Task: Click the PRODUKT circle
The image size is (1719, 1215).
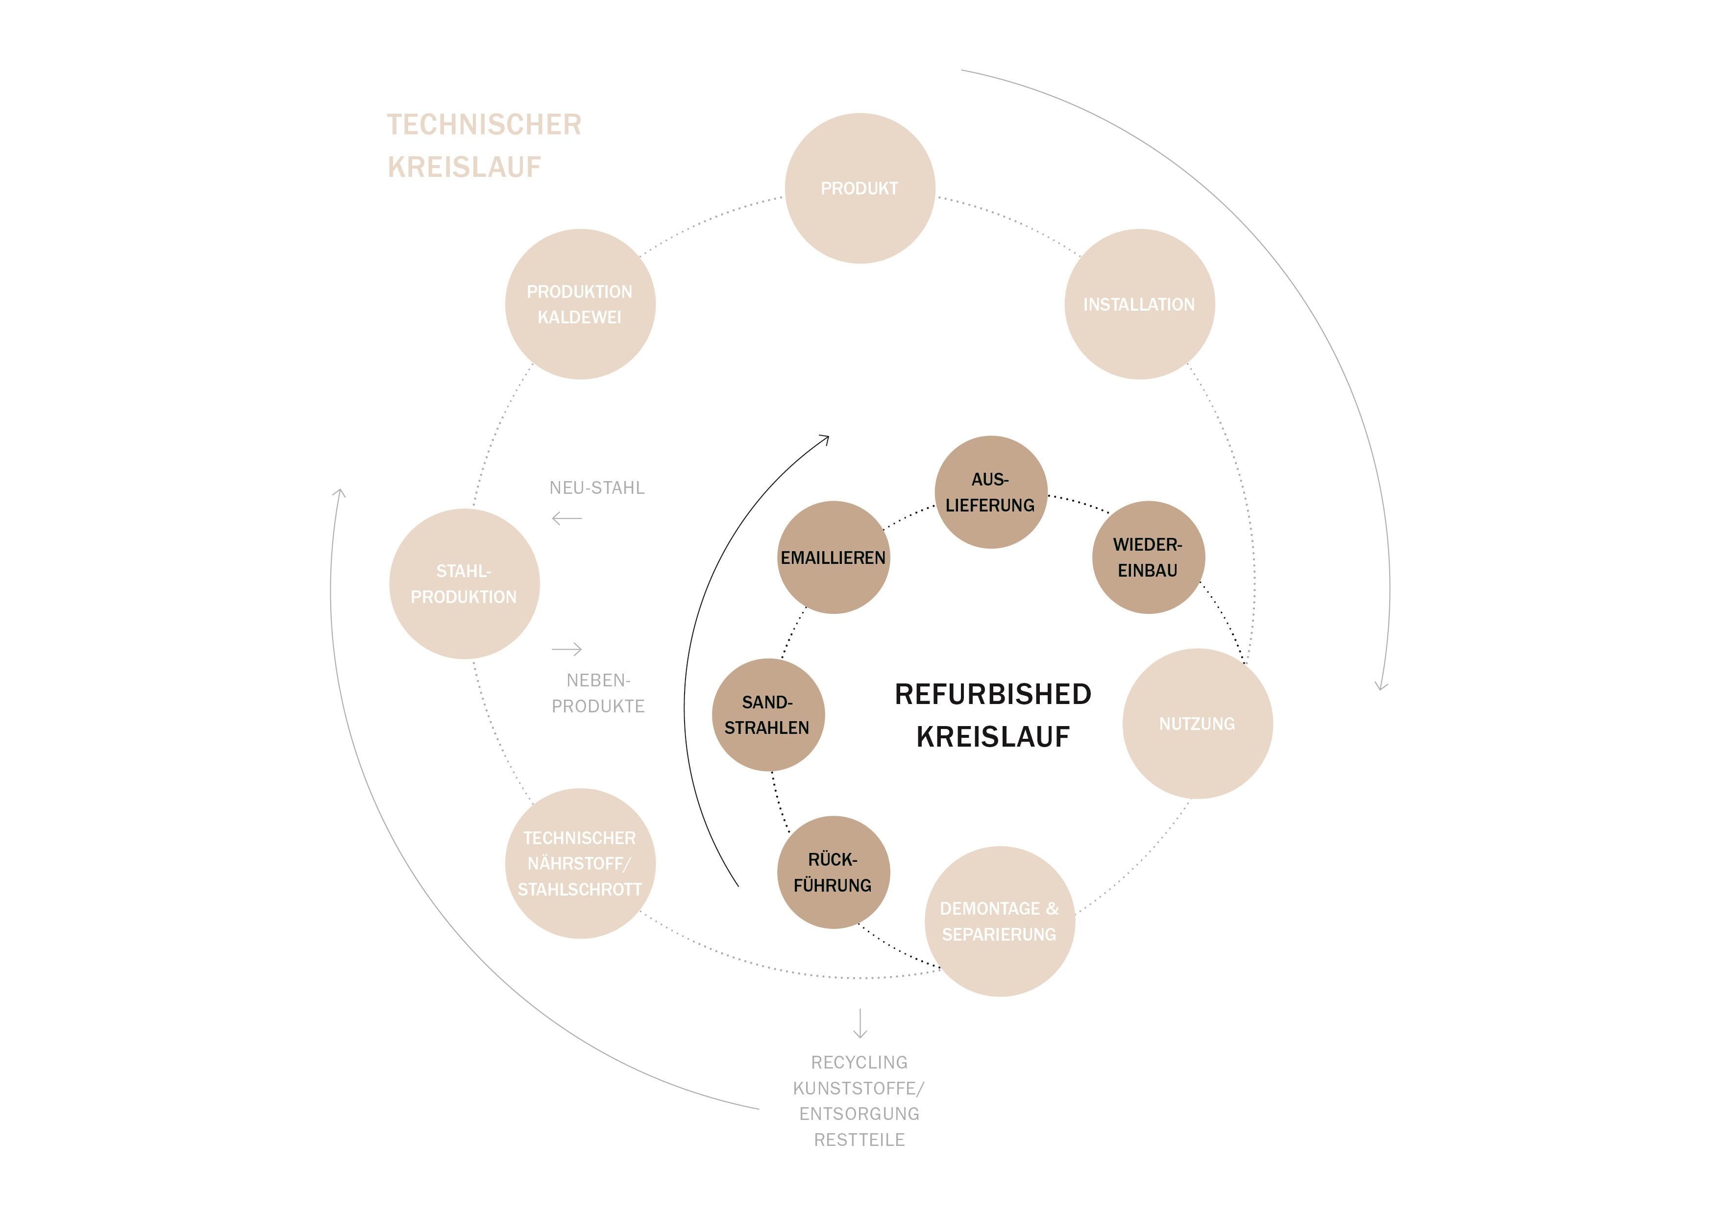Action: [x=859, y=188]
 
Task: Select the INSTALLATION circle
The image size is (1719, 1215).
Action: [x=1139, y=304]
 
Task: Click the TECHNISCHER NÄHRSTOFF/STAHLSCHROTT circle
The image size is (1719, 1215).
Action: [x=580, y=863]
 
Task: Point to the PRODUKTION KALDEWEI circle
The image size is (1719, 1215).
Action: [x=580, y=304]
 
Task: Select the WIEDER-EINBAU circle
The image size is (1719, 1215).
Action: [x=1149, y=557]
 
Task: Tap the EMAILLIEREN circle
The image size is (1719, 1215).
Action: [x=834, y=557]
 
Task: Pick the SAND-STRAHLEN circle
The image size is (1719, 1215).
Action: [x=768, y=714]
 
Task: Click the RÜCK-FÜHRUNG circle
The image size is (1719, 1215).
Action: [x=834, y=872]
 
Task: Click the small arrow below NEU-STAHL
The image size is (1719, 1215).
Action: [x=567, y=518]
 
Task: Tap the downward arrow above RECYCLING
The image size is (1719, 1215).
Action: [x=860, y=1022]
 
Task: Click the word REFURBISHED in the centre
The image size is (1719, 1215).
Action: [x=993, y=694]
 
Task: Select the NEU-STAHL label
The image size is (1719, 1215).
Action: [x=597, y=487]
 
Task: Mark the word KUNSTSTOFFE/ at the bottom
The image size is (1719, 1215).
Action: [x=859, y=1088]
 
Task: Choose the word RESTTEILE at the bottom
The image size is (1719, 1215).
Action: [x=859, y=1140]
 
